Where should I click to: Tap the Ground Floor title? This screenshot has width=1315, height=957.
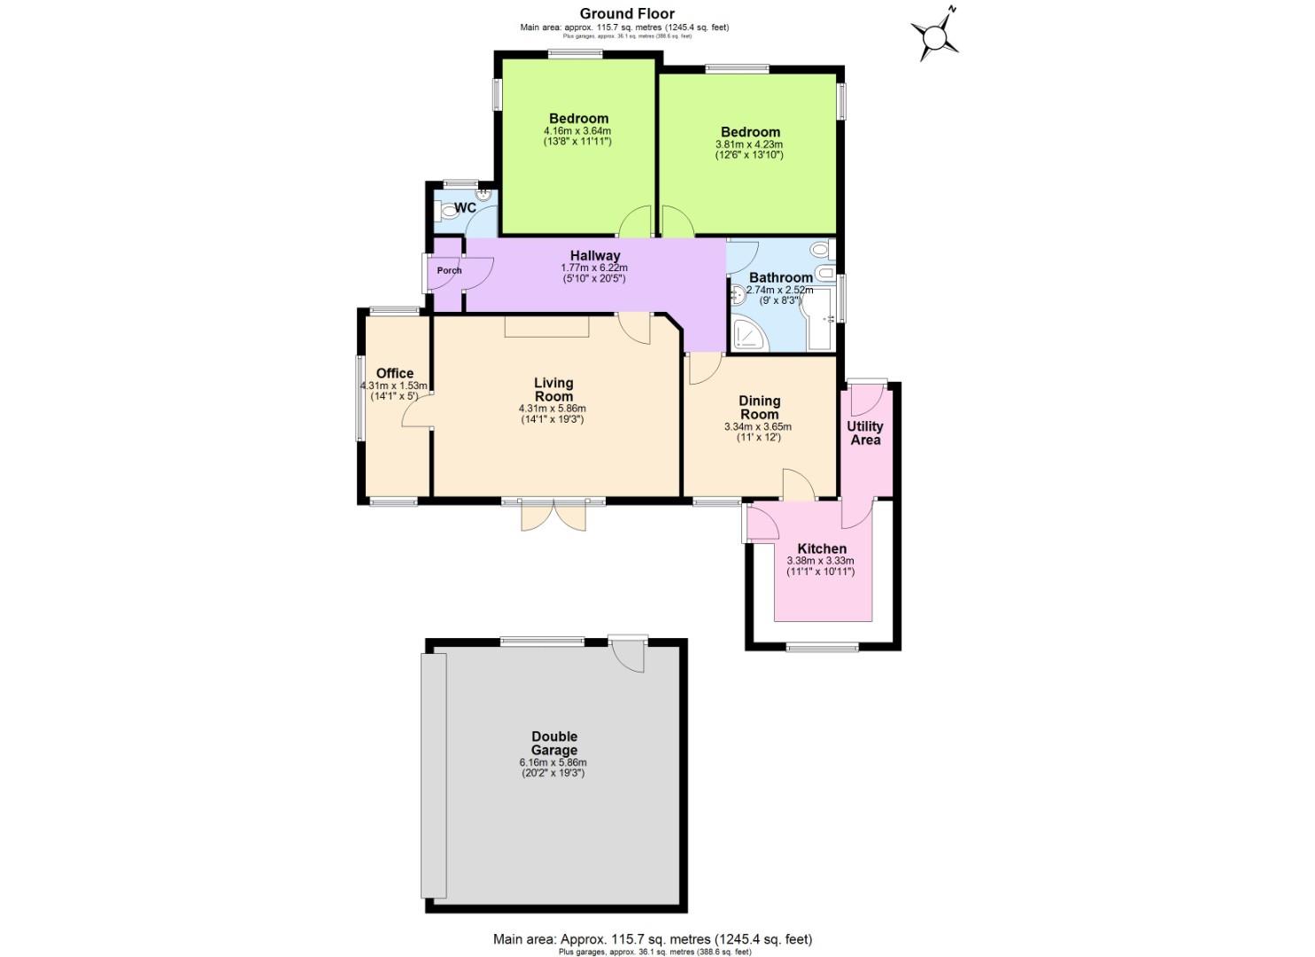pos(627,13)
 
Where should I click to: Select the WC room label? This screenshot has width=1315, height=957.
pos(465,208)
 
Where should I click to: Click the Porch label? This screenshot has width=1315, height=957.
pos(449,270)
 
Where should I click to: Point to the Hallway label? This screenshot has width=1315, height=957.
pos(595,256)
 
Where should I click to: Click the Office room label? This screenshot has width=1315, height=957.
pos(394,373)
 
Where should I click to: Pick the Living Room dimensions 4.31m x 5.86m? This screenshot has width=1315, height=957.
pos(552,408)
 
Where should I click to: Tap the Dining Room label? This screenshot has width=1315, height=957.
pos(759,408)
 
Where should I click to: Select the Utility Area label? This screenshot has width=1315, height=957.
pos(864,432)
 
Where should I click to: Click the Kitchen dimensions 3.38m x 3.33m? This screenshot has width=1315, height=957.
pos(821,561)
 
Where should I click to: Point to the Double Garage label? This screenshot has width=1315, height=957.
pos(553,743)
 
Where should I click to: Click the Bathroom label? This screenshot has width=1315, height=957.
pos(780,277)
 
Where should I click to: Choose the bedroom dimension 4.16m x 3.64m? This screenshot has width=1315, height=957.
pos(577,131)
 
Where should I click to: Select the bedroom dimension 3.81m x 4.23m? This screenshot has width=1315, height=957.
pos(749,144)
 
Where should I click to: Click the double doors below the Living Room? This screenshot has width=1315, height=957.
pos(553,515)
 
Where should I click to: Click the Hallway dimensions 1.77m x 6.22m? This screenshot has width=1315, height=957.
pos(594,268)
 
